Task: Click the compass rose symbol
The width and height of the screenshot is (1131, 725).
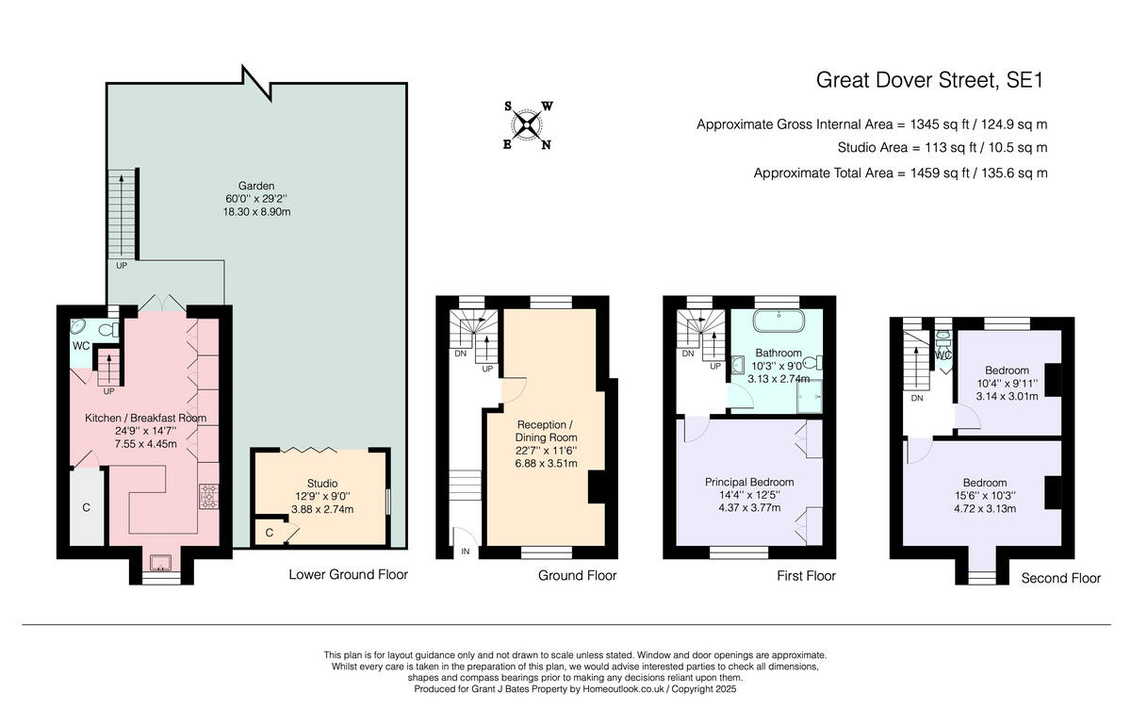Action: click(x=527, y=125)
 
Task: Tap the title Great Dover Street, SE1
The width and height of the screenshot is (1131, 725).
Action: click(x=929, y=80)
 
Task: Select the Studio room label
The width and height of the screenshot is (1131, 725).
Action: click(x=322, y=484)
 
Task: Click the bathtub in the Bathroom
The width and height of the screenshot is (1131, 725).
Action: click(x=779, y=321)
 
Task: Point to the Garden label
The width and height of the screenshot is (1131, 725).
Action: click(x=256, y=186)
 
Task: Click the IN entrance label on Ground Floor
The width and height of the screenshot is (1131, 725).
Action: click(x=465, y=552)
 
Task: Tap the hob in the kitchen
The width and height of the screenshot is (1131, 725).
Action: click(x=209, y=497)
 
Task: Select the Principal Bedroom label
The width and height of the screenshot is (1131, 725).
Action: click(x=749, y=483)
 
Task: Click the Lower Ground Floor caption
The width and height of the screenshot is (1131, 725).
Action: click(x=348, y=574)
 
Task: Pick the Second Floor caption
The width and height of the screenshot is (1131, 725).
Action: click(x=1061, y=579)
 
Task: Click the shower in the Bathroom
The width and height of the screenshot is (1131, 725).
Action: click(x=810, y=396)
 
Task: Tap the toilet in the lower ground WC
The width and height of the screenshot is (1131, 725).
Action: click(x=108, y=330)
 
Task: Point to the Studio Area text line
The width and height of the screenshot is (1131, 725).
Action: click(x=942, y=148)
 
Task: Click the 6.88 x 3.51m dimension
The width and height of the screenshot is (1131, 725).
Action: click(x=546, y=463)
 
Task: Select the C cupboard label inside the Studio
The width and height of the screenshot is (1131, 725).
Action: click(x=270, y=533)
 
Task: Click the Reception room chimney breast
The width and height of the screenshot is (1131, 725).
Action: click(x=597, y=486)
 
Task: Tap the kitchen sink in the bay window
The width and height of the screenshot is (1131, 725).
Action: click(x=160, y=562)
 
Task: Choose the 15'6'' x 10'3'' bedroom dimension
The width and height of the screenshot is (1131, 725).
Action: click(x=985, y=496)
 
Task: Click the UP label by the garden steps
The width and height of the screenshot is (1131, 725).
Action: click(x=122, y=266)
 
